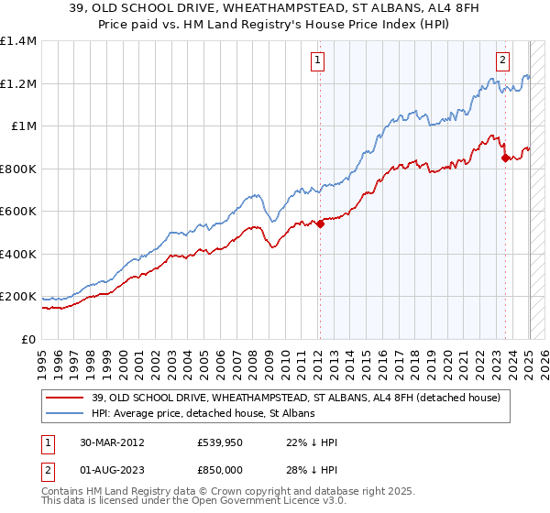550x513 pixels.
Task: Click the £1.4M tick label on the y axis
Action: pos(19,41)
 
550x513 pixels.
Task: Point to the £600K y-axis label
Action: pos(19,212)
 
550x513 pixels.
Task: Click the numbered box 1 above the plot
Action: pos(317,61)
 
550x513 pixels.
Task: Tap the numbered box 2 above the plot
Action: pos(503,61)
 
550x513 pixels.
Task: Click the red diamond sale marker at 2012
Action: pos(320,224)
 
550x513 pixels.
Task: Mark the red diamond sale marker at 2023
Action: pos(505,158)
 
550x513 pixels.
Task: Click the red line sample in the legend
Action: pos(64,398)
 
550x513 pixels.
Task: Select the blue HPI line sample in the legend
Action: pos(64,414)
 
